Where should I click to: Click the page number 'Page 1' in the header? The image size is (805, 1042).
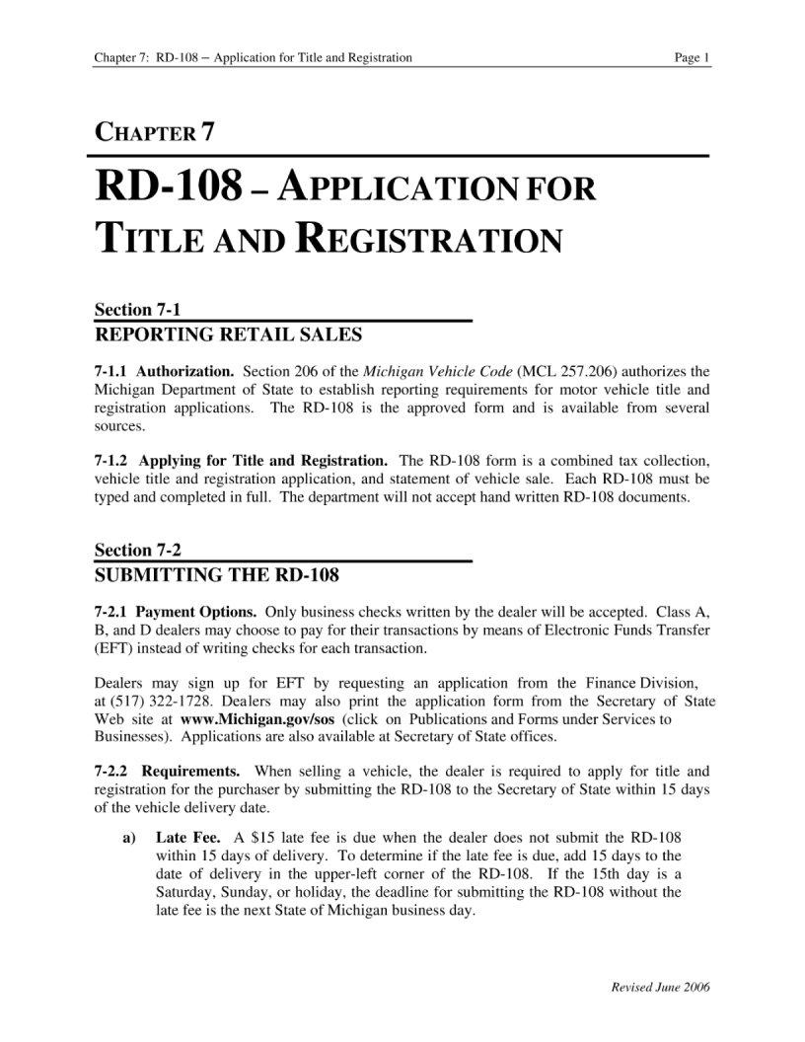tap(692, 58)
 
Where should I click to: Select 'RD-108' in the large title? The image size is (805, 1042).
tap(167, 186)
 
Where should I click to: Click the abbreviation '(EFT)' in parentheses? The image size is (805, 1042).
tap(112, 648)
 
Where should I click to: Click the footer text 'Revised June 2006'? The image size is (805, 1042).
tap(662, 988)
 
